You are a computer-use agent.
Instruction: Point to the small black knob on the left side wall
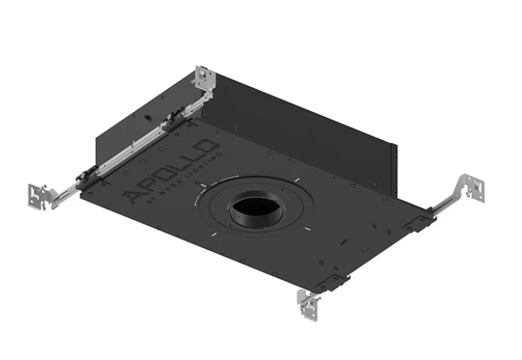147,116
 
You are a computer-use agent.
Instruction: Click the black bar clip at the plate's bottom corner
334,281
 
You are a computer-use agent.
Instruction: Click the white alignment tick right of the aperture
306,229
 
